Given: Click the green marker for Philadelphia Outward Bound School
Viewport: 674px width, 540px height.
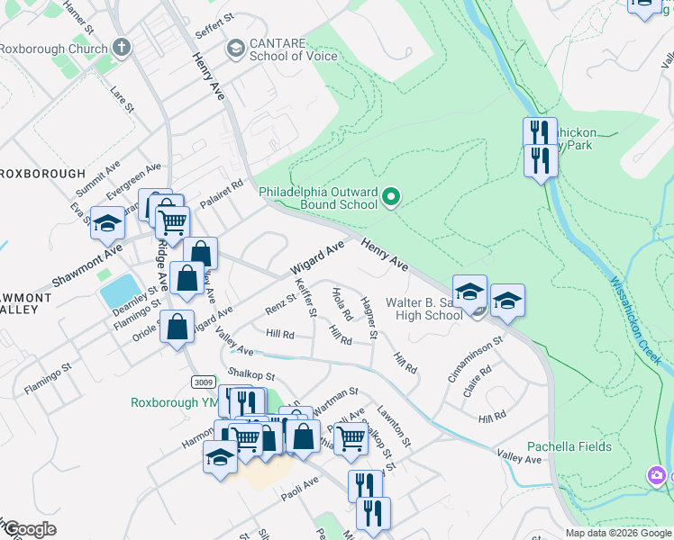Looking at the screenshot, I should (x=391, y=195).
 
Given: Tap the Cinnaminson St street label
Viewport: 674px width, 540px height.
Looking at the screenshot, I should (x=475, y=359).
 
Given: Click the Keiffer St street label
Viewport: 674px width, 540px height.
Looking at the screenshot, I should (x=306, y=298).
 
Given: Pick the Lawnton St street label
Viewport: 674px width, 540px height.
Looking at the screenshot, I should (x=394, y=427).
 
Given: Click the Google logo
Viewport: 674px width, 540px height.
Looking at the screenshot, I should (x=30, y=529).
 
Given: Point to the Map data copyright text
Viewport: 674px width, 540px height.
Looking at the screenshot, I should (x=617, y=533).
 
